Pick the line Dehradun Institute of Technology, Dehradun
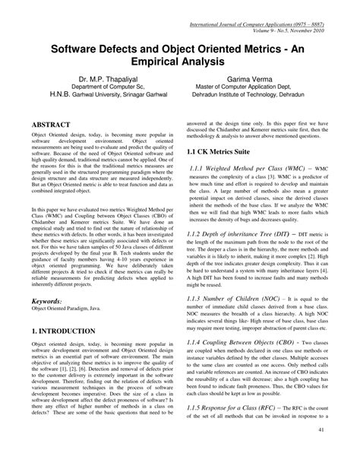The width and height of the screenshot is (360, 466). (x=259, y=96)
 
